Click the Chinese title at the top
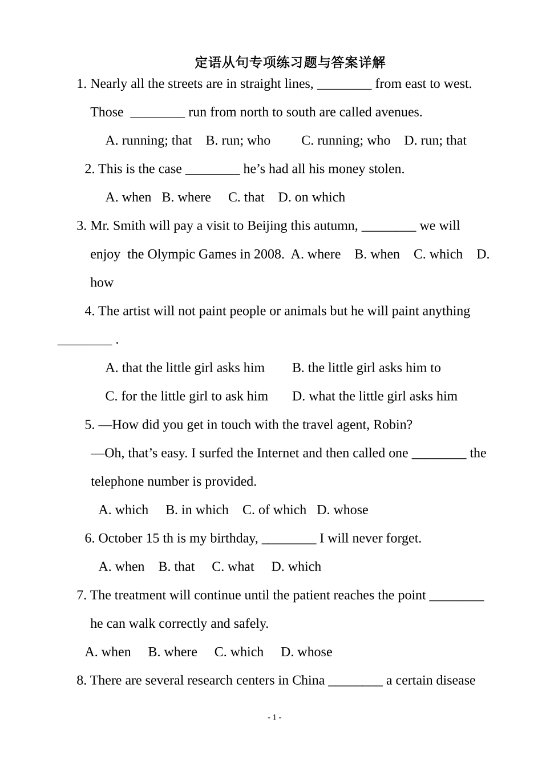(x=290, y=62)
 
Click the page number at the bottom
(x=274, y=717)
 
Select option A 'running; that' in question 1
(x=149, y=140)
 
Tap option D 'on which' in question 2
(x=312, y=197)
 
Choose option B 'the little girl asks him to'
(x=366, y=368)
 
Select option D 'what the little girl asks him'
(x=374, y=397)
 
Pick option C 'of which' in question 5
(x=274, y=510)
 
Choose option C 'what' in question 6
(x=233, y=567)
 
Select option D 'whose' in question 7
(x=306, y=652)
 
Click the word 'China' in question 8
(x=308, y=681)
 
